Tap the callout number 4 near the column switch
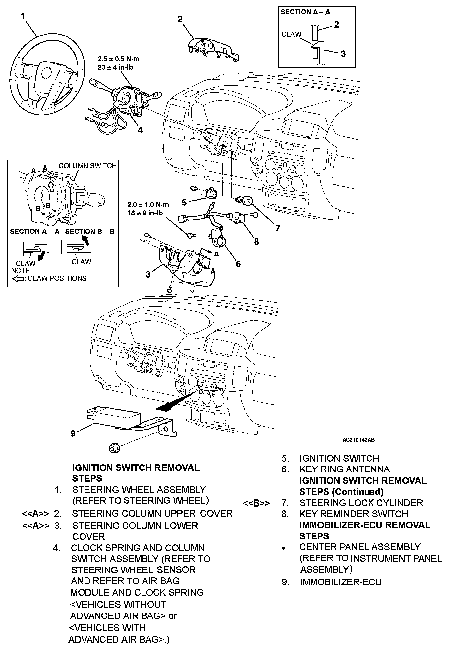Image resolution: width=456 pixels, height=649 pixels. (x=140, y=130)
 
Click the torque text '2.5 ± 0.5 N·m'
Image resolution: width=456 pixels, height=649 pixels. (x=118, y=59)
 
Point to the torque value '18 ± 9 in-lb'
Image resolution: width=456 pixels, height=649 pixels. (x=145, y=213)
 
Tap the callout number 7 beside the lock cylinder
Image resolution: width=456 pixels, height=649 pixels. (x=278, y=228)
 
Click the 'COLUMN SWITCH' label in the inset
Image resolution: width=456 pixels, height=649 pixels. (x=87, y=166)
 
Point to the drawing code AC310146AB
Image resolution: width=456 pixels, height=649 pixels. (x=359, y=440)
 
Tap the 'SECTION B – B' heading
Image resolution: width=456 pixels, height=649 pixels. (x=90, y=231)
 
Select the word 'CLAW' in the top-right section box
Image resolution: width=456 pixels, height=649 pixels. (x=291, y=34)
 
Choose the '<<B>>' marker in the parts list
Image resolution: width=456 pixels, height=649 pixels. (x=256, y=503)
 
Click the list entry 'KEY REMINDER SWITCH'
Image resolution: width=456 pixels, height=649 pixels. (x=353, y=514)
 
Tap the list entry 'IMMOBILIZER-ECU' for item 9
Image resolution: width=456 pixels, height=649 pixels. (x=341, y=582)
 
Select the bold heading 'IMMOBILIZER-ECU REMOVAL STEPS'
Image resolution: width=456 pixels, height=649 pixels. (x=365, y=530)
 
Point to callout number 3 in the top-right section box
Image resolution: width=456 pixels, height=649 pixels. (x=343, y=54)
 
